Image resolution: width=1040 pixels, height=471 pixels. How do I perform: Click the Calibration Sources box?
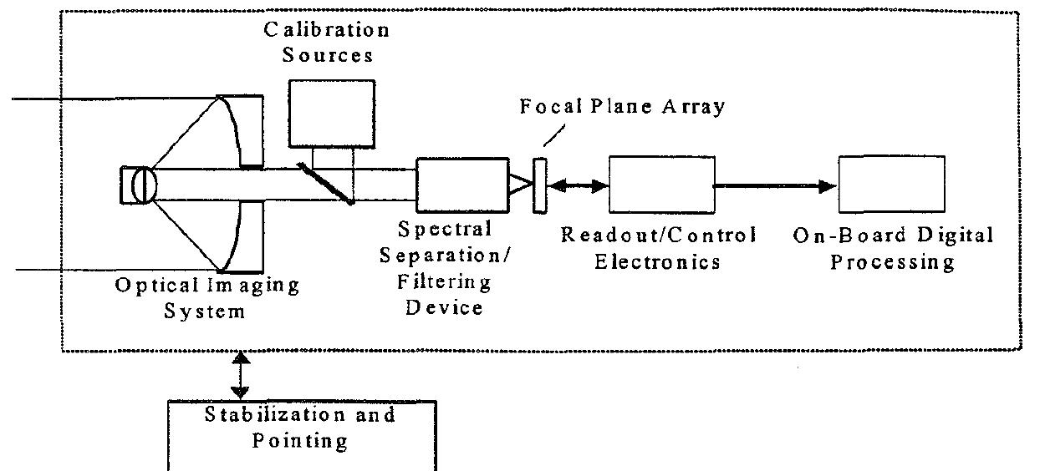(x=330, y=113)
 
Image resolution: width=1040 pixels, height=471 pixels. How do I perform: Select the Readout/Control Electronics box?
(x=661, y=185)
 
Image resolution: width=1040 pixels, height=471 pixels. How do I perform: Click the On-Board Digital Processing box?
(x=892, y=185)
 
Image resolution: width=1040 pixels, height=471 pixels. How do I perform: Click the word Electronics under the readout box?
(x=657, y=261)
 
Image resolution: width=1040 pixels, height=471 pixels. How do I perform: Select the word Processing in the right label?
(x=893, y=261)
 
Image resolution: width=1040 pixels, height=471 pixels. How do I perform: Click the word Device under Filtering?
(x=444, y=307)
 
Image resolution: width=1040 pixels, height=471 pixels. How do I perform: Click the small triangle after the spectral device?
(x=521, y=185)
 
